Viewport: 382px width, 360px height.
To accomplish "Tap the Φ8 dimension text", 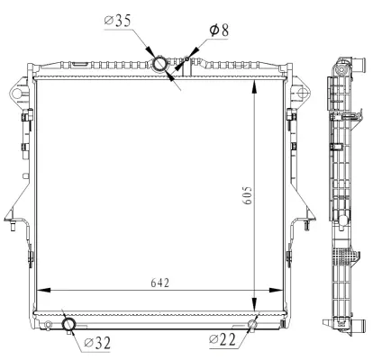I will [218, 31].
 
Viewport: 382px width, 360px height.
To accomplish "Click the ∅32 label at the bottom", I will [97, 341].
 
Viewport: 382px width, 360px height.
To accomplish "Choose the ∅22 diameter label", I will [223, 338].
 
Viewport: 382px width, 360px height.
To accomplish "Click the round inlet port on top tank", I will [160, 64].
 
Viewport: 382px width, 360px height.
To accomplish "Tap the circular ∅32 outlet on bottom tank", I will [68, 324].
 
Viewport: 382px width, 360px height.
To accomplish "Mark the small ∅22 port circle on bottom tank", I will [253, 324].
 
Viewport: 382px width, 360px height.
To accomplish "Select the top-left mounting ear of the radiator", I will [18, 94].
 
